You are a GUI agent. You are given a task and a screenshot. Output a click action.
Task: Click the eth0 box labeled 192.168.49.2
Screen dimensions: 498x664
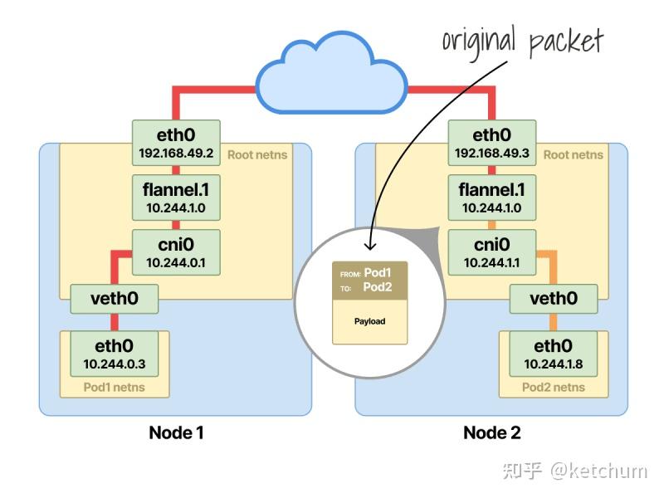[x=176, y=142]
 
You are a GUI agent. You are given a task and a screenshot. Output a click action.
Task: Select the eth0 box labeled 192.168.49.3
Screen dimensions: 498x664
[x=491, y=142]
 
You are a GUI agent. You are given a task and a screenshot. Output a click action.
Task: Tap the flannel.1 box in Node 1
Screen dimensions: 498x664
[x=176, y=198]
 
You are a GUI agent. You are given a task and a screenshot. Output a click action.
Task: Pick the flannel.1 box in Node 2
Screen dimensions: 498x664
[x=491, y=198]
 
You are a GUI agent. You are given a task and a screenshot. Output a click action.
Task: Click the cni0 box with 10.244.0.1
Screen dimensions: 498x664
[x=176, y=252]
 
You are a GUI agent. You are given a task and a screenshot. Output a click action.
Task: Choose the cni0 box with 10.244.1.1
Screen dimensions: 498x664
[x=491, y=252]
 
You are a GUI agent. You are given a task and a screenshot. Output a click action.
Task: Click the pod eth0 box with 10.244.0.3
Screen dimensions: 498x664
[x=114, y=353]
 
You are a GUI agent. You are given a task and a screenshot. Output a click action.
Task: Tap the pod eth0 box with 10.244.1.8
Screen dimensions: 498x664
[x=554, y=353]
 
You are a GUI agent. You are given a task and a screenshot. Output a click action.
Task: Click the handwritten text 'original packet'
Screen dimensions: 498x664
[x=521, y=40]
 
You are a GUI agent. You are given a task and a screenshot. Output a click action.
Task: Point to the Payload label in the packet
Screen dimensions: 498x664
[x=369, y=321]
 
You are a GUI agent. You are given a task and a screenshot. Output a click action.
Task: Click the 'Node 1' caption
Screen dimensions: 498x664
[x=176, y=432]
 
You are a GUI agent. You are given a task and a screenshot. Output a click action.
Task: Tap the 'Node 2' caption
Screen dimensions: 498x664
[x=491, y=432]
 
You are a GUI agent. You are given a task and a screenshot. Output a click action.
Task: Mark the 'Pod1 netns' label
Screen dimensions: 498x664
[x=114, y=387]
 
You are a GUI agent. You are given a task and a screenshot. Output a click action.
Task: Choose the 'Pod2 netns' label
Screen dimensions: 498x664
[x=554, y=387]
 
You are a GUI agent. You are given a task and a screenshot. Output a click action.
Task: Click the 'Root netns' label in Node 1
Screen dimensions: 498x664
[x=256, y=154]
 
